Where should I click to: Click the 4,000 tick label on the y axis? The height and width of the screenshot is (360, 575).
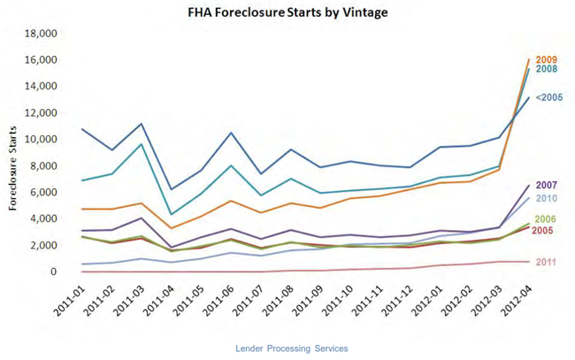click(42, 218)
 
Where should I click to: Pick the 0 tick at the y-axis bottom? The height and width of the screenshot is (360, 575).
click(54, 272)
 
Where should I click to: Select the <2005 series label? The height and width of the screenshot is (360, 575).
click(549, 98)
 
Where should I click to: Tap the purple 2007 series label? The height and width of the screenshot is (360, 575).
click(548, 186)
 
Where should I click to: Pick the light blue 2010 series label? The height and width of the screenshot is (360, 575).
click(548, 198)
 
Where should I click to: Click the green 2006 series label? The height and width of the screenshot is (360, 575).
click(548, 219)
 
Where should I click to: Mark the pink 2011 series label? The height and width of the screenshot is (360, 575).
click(548, 262)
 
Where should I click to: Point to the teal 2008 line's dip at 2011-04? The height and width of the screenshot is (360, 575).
click(171, 214)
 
